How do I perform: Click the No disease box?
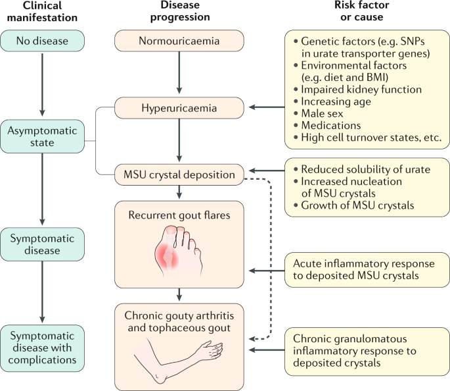click(x=43, y=41)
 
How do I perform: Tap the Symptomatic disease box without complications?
click(x=43, y=243)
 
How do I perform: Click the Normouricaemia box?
click(x=178, y=41)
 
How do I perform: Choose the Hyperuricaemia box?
click(x=178, y=106)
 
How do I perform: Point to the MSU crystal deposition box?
click(x=178, y=175)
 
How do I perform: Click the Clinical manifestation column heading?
click(x=43, y=12)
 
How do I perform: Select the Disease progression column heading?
click(x=179, y=12)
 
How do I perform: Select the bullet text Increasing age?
click(x=339, y=101)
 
